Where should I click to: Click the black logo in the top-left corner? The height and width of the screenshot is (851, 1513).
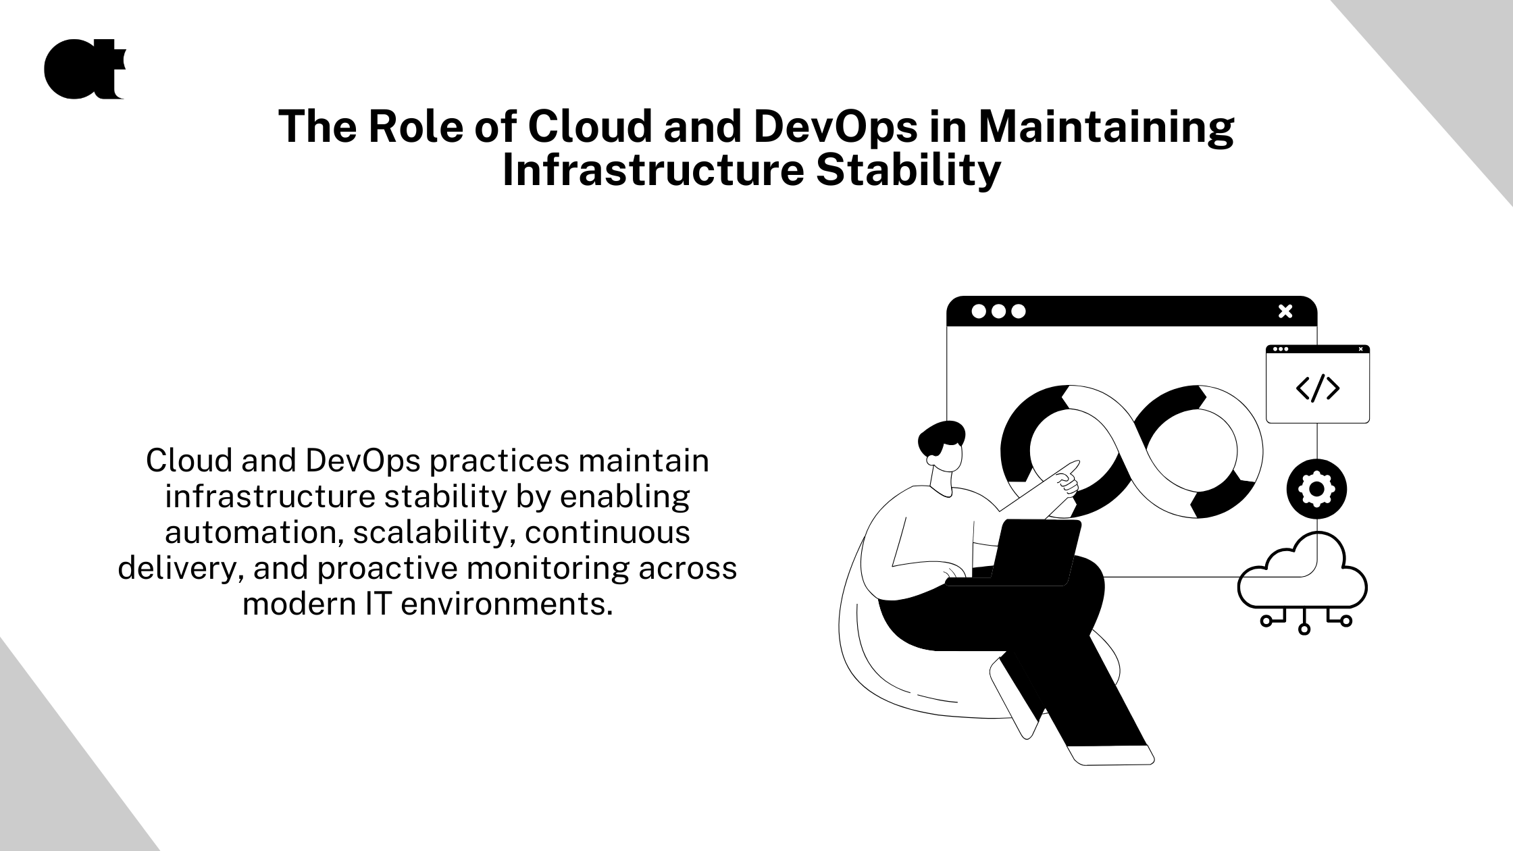click(84, 70)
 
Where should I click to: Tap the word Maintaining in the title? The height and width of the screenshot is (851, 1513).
click(1106, 128)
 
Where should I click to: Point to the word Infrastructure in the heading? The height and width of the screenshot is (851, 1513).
click(653, 170)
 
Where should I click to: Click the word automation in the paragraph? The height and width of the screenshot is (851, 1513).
click(251, 532)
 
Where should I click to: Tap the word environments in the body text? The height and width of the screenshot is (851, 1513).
click(507, 603)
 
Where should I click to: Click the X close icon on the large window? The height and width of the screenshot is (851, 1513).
click(1285, 311)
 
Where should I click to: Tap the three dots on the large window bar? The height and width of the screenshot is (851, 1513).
click(998, 311)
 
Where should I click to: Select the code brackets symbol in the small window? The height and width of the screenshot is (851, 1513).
click(1318, 388)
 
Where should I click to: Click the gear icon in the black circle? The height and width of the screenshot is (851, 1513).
click(1316, 489)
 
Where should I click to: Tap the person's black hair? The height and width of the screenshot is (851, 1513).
click(941, 440)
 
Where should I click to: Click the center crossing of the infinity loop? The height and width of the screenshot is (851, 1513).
click(1132, 451)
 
